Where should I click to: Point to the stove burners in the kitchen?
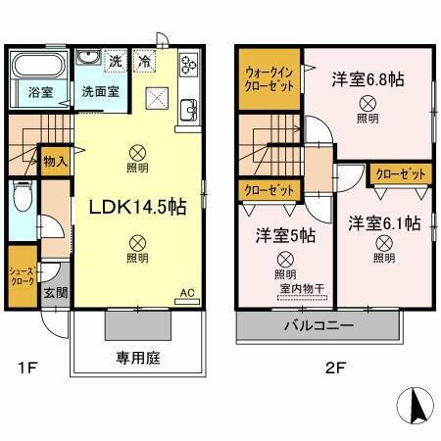188,67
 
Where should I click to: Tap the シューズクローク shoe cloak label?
22,274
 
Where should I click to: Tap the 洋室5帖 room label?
285,235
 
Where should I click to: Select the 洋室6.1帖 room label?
384,222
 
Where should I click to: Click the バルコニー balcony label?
319,324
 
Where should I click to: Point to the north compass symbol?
415,404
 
